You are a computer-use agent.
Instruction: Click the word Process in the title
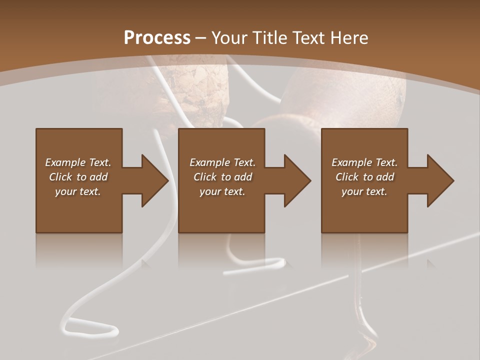click(x=157, y=37)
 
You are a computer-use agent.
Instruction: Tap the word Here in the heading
click(x=348, y=37)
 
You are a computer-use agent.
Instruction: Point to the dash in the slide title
click(x=200, y=38)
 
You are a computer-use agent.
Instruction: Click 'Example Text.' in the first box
click(x=78, y=162)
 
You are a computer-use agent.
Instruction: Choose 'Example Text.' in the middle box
click(x=222, y=162)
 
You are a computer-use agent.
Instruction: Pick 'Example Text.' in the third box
click(x=364, y=162)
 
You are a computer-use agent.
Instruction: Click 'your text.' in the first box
click(x=78, y=191)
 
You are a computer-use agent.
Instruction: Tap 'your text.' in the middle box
click(x=222, y=191)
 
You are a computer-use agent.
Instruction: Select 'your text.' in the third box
click(x=364, y=191)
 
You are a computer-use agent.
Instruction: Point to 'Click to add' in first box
click(x=78, y=177)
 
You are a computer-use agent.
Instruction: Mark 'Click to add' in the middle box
click(x=222, y=177)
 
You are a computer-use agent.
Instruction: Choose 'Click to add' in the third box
click(x=364, y=177)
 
